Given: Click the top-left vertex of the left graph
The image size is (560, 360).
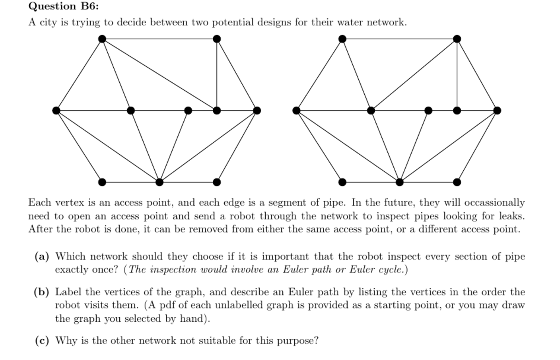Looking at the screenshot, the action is click(102, 39).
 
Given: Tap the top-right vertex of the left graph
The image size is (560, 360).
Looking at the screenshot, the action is click(217, 39).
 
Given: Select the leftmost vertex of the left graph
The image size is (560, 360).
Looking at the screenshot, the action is click(56, 110).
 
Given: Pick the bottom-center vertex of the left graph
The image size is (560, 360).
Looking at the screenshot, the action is click(159, 182).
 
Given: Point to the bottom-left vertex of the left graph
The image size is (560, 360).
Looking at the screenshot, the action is click(102, 182).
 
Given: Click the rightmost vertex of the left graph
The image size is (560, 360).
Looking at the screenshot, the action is click(257, 110).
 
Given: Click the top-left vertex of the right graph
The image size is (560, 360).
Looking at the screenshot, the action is click(342, 39).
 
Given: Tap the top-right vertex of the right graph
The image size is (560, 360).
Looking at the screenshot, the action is click(457, 39).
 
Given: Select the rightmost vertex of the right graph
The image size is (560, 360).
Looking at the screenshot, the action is click(497, 110).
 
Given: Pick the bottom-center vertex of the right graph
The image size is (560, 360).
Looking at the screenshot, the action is click(400, 182).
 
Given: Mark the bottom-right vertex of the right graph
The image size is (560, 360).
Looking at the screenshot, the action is click(457, 182).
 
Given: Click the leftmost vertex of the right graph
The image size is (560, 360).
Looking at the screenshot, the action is click(297, 110).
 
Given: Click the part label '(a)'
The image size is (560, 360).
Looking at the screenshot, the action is click(42, 256).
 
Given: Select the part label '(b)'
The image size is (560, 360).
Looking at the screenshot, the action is click(42, 292).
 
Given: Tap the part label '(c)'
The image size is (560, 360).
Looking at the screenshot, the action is click(42, 341).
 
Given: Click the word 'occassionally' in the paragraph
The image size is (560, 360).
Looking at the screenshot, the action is click(495, 203).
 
